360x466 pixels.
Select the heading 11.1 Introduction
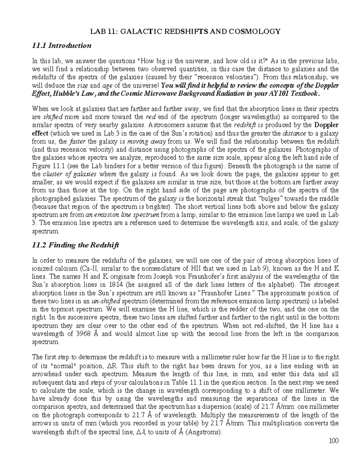pos(61,46)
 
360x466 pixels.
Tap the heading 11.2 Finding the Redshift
pos(75,245)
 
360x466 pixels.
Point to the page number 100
pos(333,441)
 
